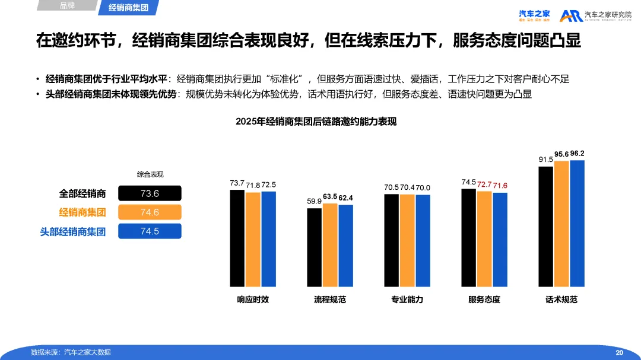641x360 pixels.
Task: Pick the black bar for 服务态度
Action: (468, 238)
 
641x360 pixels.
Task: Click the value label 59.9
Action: (314, 202)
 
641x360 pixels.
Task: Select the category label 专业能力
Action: (407, 300)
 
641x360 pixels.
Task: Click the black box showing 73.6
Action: (150, 193)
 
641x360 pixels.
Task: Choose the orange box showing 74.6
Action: (150, 212)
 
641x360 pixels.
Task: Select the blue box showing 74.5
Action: (150, 231)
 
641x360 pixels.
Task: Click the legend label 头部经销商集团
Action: (73, 232)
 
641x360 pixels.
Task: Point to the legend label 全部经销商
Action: (82, 193)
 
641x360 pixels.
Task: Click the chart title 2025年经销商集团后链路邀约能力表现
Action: (316, 121)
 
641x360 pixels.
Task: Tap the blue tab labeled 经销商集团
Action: (128, 8)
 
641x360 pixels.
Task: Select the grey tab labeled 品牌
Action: (68, 6)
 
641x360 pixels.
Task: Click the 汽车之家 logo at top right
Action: (534, 15)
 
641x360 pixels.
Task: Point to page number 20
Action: (619, 352)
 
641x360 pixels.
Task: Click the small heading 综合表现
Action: (150, 174)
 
